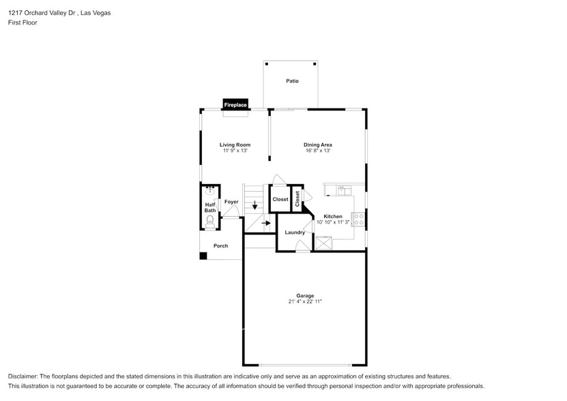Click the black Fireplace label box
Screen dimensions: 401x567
235,105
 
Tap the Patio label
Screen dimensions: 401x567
292,81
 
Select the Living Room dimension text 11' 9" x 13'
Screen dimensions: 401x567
235,151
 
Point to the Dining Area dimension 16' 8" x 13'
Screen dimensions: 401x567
317,151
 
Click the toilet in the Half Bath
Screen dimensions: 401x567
210,220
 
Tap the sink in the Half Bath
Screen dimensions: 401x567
210,192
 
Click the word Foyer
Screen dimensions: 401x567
231,202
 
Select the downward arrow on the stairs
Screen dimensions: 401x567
255,204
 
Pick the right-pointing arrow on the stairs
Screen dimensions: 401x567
266,222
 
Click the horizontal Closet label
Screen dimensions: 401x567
280,199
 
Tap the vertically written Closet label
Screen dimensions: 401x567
297,198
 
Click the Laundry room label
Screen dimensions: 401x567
295,233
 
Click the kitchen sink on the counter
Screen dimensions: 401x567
344,190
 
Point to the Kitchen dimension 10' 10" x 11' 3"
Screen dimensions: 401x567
332,222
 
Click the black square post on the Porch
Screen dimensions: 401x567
203,256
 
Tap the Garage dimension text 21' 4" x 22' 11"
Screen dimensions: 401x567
304,301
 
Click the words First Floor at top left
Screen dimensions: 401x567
23,23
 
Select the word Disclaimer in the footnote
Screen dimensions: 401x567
24,376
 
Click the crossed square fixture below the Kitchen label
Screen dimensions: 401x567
323,242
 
